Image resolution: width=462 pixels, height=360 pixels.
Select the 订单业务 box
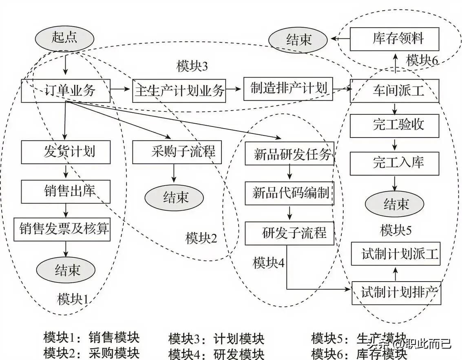(x=66, y=90)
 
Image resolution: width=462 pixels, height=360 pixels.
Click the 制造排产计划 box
(x=288, y=89)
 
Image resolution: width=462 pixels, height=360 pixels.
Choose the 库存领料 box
(x=394, y=39)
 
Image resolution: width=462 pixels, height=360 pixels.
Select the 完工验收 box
(x=394, y=124)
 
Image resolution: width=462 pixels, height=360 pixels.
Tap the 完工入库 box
(x=394, y=162)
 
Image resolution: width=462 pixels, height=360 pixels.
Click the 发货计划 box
(x=66, y=152)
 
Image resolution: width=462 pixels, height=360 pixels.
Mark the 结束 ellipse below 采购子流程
(x=174, y=197)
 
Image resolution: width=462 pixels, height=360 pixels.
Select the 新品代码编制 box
(x=289, y=193)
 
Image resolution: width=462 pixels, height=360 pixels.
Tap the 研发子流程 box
(x=289, y=233)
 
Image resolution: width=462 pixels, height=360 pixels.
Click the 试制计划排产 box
(x=396, y=293)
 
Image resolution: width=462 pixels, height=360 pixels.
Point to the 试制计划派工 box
(x=396, y=254)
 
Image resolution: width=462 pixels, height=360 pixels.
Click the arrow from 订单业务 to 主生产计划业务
(x=121, y=88)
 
